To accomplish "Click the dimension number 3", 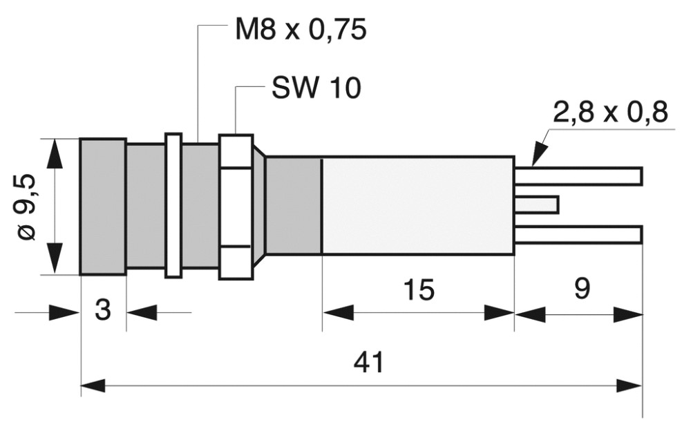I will point(103,311).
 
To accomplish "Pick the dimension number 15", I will point(418,291).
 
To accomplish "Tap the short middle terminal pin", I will point(537,204).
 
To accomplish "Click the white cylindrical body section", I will point(418,206).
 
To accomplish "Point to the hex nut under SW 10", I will point(234,207).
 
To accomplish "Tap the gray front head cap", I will point(102,207).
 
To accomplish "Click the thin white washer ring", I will point(173,206).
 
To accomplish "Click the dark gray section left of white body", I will point(294,206).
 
